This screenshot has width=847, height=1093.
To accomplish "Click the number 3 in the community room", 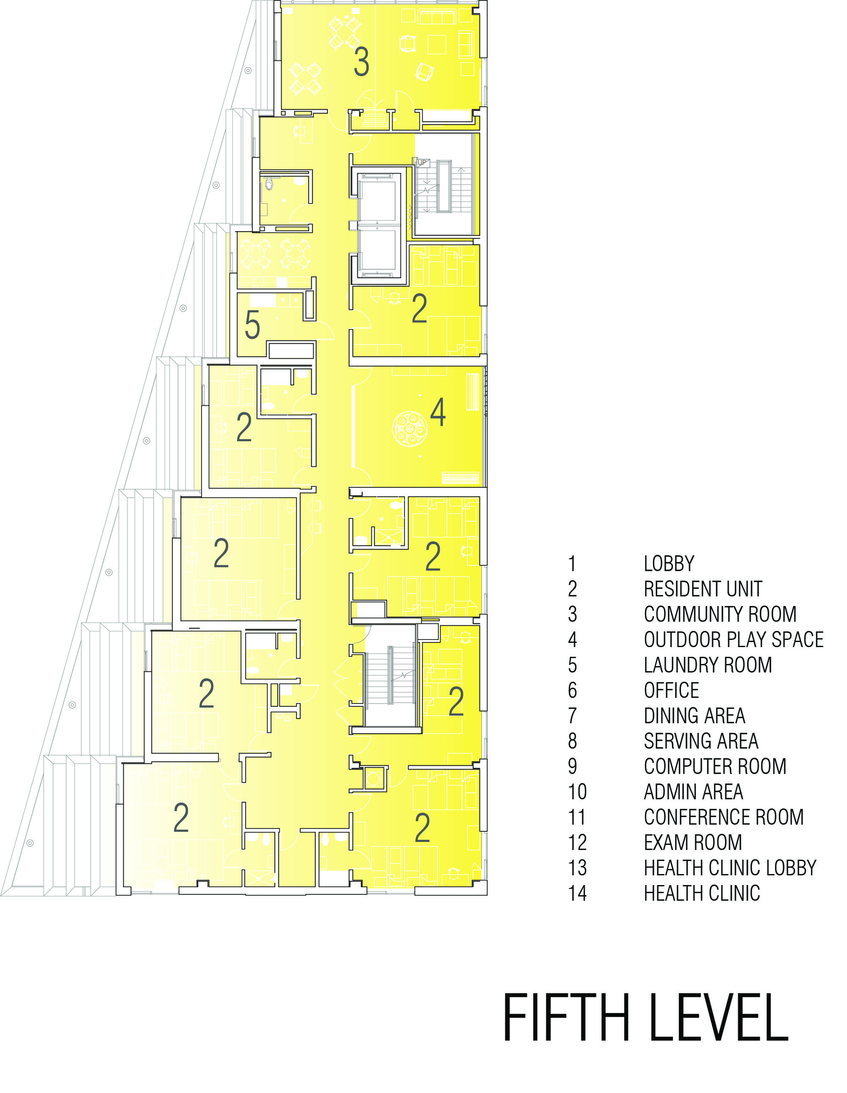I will [361, 62].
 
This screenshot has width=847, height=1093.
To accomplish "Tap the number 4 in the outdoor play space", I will [438, 413].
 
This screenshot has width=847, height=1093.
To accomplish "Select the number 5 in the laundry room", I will [252, 325].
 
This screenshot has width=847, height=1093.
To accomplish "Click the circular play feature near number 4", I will [409, 429].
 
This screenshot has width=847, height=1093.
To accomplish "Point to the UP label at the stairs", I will [422, 162].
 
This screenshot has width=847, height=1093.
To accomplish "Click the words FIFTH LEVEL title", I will [645, 1018].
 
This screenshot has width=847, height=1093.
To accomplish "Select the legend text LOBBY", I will [669, 564].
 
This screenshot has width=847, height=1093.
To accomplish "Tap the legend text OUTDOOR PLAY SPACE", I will [734, 639].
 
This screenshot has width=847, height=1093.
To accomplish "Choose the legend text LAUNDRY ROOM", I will [708, 665].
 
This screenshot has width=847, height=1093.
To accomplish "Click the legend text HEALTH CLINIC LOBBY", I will [730, 868].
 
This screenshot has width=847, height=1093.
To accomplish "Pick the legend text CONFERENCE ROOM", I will [723, 817].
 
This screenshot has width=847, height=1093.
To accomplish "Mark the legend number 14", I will [577, 893].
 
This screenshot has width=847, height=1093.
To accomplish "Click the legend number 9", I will [573, 766].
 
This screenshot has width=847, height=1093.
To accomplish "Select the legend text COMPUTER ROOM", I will [715, 766].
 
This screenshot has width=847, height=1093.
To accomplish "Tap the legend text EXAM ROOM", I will [693, 842].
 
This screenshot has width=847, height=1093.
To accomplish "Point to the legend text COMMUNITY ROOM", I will [720, 614].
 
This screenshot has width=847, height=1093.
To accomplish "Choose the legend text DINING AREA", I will [694, 716].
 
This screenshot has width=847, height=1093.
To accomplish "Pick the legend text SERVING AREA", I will [701, 741].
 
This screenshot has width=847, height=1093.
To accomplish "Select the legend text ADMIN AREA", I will [693, 792].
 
